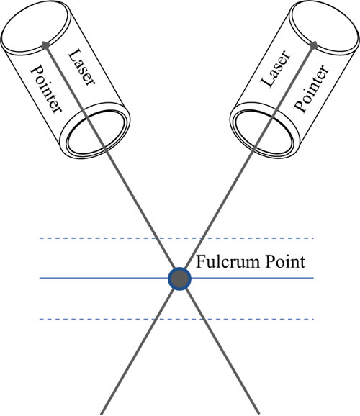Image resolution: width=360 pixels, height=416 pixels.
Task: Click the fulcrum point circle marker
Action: (180, 279)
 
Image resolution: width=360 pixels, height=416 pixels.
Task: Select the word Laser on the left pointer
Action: (81, 68)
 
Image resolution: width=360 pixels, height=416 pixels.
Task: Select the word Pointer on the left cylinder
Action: (47, 89)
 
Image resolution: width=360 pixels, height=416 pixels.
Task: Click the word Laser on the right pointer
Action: (276, 68)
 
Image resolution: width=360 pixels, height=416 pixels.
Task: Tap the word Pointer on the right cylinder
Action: (312, 88)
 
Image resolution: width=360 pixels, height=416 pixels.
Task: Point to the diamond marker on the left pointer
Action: (45, 45)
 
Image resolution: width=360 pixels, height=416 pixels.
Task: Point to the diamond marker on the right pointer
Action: (314, 45)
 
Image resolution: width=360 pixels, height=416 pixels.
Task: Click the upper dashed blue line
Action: (176, 238)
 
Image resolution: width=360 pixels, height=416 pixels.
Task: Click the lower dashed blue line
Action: (176, 319)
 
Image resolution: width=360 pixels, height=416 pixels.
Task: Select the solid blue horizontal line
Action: (176, 278)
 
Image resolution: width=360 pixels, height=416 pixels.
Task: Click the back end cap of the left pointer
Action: (36, 26)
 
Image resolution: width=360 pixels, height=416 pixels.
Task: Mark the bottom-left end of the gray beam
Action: (102, 414)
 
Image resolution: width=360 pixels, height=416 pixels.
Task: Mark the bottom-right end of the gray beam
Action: (258, 413)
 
